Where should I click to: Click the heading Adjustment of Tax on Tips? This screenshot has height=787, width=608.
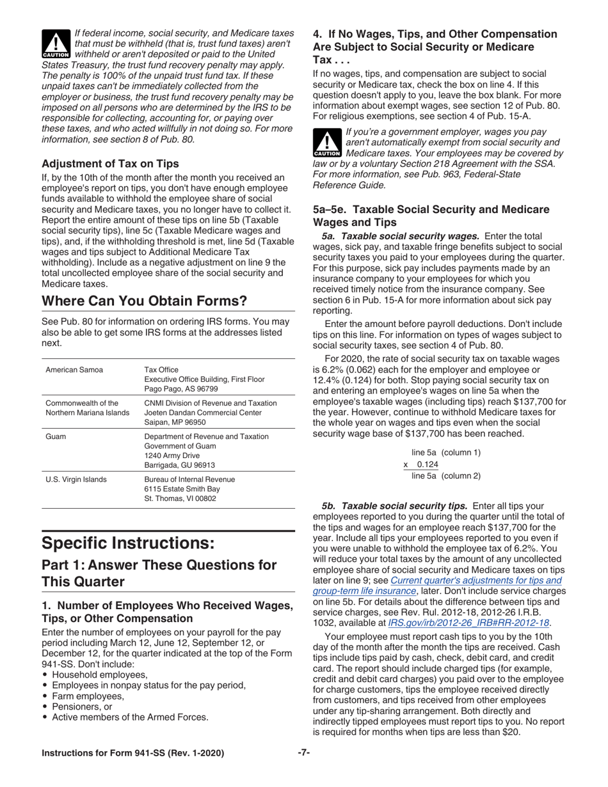point(110,163)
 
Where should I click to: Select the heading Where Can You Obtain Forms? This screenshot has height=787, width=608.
point(144,301)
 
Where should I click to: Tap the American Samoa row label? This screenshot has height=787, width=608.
point(74,370)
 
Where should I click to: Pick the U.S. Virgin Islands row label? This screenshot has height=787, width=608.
point(76,479)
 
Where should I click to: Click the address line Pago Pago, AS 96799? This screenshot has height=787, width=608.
point(181,389)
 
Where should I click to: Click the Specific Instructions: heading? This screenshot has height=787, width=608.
point(128,543)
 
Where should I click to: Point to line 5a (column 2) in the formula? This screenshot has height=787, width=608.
point(445,476)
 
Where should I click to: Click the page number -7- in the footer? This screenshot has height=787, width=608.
point(304,753)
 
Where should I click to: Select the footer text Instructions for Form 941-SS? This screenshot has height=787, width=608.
point(132,753)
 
